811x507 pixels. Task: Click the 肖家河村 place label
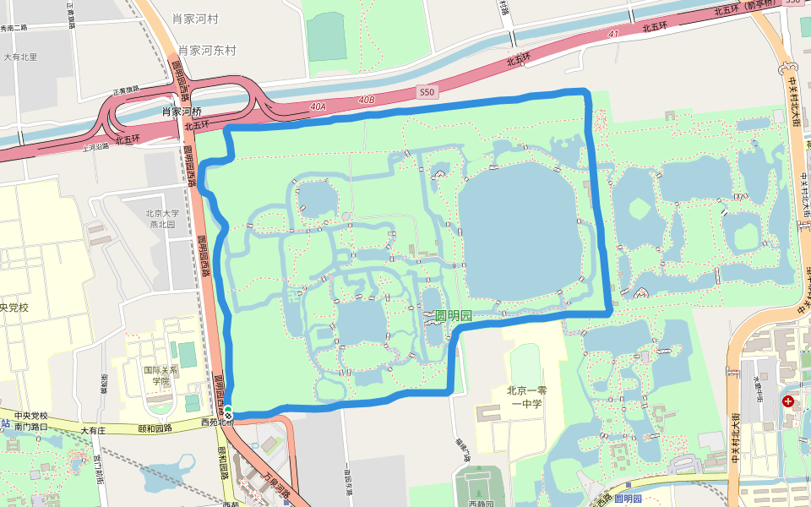pyautogui.click(x=195, y=19)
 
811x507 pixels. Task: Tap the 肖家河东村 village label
pyautogui.click(x=201, y=51)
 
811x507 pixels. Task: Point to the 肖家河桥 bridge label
pyautogui.click(x=182, y=112)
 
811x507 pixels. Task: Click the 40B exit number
pyautogui.click(x=366, y=100)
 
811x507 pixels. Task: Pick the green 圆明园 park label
pyautogui.click(x=453, y=315)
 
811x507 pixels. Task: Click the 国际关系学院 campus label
pyautogui.click(x=161, y=375)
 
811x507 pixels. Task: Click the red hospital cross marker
pyautogui.click(x=788, y=401)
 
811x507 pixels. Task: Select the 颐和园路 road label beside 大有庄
pyautogui.click(x=155, y=428)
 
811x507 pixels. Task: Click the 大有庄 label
pyautogui.click(x=94, y=430)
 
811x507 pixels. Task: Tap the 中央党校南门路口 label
pyautogui.click(x=30, y=422)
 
